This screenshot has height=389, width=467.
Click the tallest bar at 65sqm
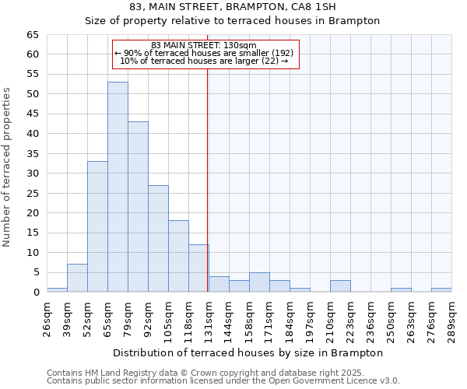[118, 187]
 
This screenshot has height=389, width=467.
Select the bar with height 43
[138, 207]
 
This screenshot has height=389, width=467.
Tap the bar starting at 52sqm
[97, 226]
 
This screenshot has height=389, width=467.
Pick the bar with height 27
[158, 238]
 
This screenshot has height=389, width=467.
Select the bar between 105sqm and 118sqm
[178, 256]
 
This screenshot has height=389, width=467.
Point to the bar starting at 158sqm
[259, 282]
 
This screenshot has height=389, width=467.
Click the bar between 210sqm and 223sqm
[340, 286]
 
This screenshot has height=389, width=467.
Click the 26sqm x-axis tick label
[47, 317]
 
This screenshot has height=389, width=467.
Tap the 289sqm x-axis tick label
[451, 317]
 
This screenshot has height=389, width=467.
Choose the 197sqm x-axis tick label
[310, 317]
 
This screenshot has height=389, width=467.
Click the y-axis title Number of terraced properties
[7, 166]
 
